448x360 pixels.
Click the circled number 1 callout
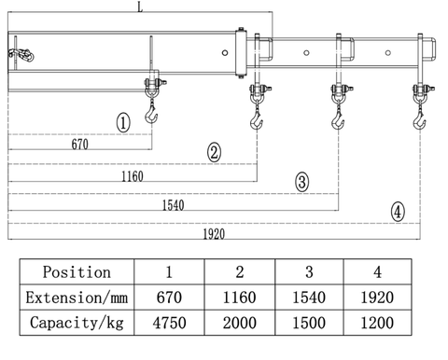(x=123, y=122)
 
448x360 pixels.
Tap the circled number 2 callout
(x=214, y=152)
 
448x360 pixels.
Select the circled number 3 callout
(x=302, y=182)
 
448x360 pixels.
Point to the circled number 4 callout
(x=398, y=212)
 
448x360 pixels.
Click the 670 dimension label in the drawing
(x=80, y=145)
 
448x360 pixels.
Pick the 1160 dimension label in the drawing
(x=133, y=176)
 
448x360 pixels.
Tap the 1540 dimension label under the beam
(x=174, y=205)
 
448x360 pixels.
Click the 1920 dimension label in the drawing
(x=214, y=234)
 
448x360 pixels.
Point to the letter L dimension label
(x=140, y=7)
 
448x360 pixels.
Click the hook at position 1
(x=151, y=114)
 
